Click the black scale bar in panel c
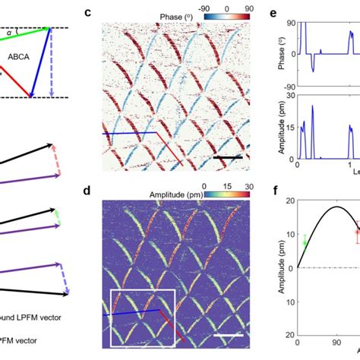[x=228, y=159]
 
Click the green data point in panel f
[x=305, y=242]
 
